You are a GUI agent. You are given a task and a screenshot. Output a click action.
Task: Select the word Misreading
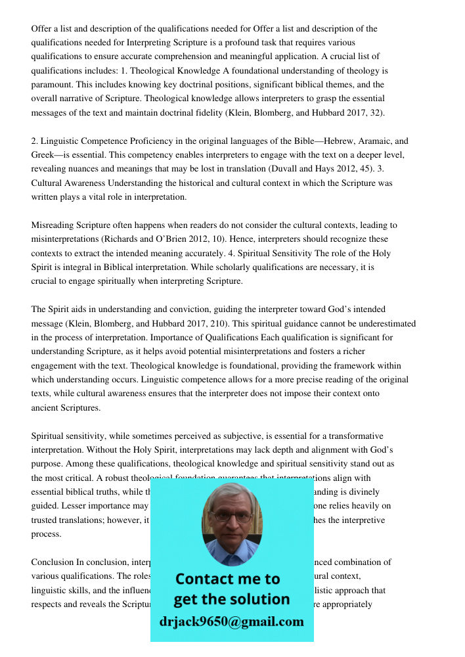pyautogui.click(x=53, y=225)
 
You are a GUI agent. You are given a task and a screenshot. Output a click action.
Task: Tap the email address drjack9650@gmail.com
pyautogui.click(x=231, y=622)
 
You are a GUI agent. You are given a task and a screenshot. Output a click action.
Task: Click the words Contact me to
pyautogui.click(x=227, y=579)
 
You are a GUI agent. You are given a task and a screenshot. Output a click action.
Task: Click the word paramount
pyautogui.click(x=53, y=85)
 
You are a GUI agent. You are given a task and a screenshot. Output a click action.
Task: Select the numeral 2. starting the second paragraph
pyautogui.click(x=35, y=141)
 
